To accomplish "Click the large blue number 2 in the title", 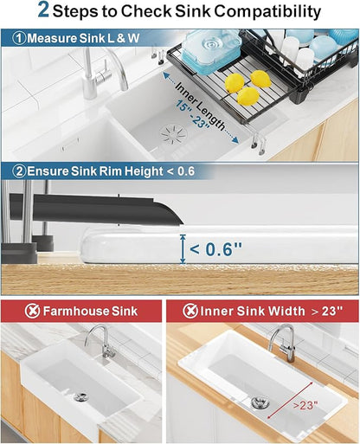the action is (x=43, y=10).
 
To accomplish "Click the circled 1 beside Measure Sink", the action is (x=20, y=38).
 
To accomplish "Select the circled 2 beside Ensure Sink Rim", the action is (x=19, y=171).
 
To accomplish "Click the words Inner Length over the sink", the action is (x=200, y=106).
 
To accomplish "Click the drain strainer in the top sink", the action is (x=174, y=134).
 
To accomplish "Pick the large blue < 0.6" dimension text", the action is (x=216, y=248).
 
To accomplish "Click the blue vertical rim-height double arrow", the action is (x=183, y=249).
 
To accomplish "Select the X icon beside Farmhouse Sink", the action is (x=32, y=311).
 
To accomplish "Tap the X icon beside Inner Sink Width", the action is (x=190, y=311).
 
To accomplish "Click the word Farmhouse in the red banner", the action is (x=76, y=312).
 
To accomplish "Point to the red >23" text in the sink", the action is (x=305, y=405).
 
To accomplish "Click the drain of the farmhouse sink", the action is (x=81, y=396).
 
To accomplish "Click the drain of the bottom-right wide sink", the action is (x=260, y=402).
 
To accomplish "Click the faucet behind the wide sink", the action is (x=283, y=343).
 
